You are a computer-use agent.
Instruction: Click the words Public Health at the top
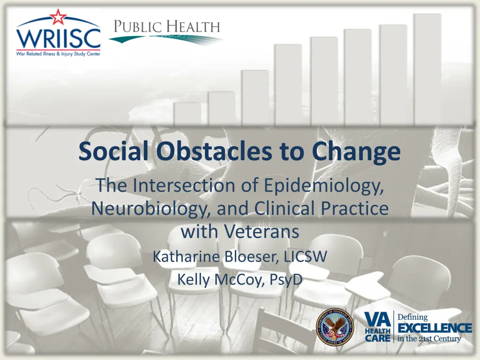point(167,27)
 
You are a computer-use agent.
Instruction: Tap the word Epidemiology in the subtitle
point(323,186)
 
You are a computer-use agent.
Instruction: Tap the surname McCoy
point(239,279)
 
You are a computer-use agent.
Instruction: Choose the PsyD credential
point(285,279)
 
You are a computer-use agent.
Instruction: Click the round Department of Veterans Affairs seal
point(335,327)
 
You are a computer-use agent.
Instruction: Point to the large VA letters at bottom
point(377,320)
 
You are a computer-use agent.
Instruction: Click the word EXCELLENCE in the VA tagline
point(435,328)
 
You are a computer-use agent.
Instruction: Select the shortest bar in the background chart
point(187,114)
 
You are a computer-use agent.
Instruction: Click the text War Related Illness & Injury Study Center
point(58,54)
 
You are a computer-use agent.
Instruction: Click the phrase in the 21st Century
point(429,339)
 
